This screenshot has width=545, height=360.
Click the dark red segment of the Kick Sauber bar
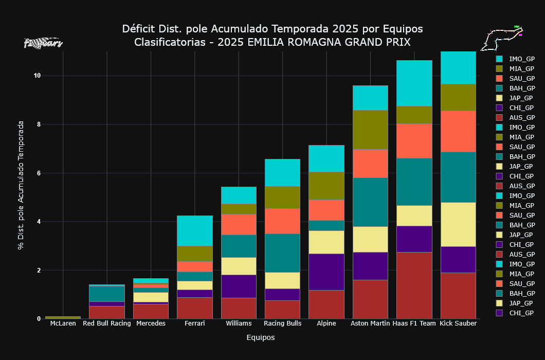(x=458, y=295)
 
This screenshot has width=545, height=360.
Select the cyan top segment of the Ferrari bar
(x=195, y=230)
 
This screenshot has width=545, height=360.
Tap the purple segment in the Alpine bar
(x=326, y=272)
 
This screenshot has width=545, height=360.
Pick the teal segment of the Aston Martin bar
(x=370, y=202)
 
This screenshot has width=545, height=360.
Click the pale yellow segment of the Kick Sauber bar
(x=458, y=224)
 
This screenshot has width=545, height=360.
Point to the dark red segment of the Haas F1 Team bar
(x=414, y=285)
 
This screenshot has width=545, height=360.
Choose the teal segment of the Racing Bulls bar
(x=282, y=253)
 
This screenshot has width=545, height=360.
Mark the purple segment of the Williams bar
(x=239, y=286)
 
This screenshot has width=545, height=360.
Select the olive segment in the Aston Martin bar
(x=370, y=130)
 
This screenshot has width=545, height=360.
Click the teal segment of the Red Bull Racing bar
(x=107, y=293)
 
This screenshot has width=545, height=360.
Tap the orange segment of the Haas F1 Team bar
(x=414, y=140)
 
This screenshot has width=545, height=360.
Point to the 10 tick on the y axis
(x=37, y=76)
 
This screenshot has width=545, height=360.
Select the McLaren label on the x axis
(x=63, y=323)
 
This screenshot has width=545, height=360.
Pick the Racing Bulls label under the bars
(x=282, y=323)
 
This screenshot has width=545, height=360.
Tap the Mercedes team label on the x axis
(x=151, y=323)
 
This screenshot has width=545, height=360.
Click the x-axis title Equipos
(x=260, y=338)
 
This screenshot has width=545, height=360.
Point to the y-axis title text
(x=21, y=185)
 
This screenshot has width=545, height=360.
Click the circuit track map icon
(x=502, y=37)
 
